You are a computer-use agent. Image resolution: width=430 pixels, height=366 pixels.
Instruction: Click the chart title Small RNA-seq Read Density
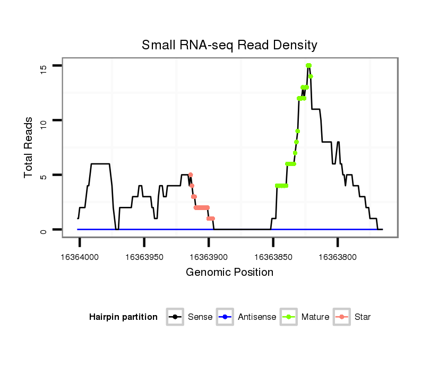click(x=229, y=45)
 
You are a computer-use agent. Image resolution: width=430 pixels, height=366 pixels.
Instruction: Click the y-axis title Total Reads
click(x=29, y=147)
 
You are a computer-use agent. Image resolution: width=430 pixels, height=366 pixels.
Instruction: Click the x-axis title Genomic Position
click(x=229, y=273)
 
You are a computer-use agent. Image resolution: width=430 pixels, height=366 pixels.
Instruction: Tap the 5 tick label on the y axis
click(x=43, y=175)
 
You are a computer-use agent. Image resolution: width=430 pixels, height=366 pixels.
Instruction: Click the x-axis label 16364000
click(x=80, y=257)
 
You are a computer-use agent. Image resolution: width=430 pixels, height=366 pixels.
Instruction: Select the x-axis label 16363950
click(x=144, y=257)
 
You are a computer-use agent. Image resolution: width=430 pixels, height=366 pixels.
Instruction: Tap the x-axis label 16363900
click(x=209, y=257)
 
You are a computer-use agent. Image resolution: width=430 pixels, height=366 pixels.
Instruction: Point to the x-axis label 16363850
click(x=273, y=257)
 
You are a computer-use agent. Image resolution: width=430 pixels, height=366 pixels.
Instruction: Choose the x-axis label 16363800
click(x=337, y=257)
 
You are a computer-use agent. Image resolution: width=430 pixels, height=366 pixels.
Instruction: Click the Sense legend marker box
click(x=175, y=317)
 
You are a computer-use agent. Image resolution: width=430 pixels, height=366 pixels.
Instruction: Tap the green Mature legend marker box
click(x=289, y=317)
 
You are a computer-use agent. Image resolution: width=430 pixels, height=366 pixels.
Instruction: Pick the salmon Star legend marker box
click(x=342, y=317)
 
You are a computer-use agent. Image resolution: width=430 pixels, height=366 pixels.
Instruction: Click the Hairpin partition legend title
click(x=123, y=317)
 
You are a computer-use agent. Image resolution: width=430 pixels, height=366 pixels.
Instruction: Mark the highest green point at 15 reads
click(x=308, y=66)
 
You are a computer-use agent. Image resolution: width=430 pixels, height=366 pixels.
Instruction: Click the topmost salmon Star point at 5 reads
click(x=191, y=175)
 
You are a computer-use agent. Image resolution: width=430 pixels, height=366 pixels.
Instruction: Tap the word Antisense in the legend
click(x=257, y=317)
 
